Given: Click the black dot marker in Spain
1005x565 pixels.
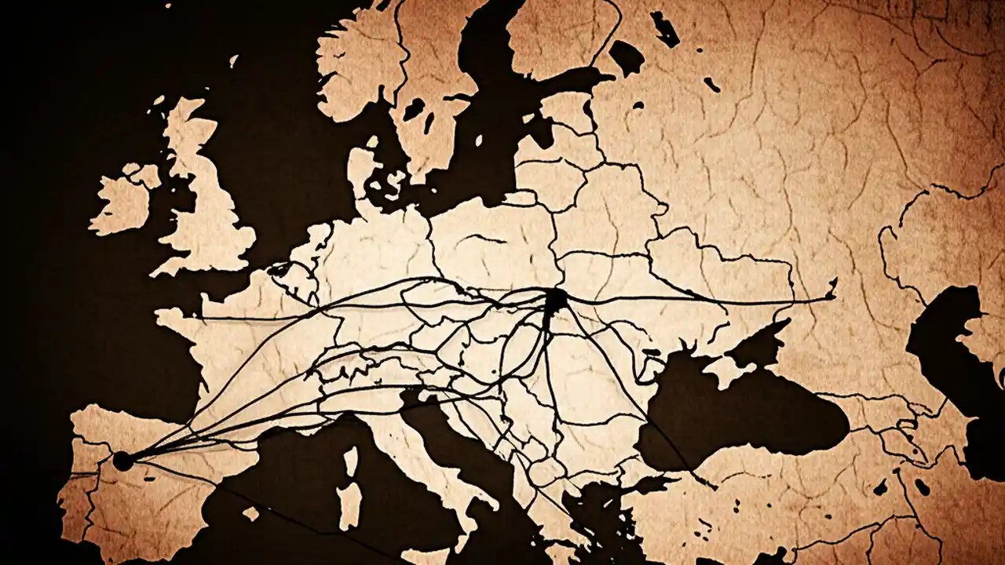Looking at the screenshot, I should tap(123, 461).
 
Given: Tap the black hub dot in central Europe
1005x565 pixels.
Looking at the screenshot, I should tap(555, 300).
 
